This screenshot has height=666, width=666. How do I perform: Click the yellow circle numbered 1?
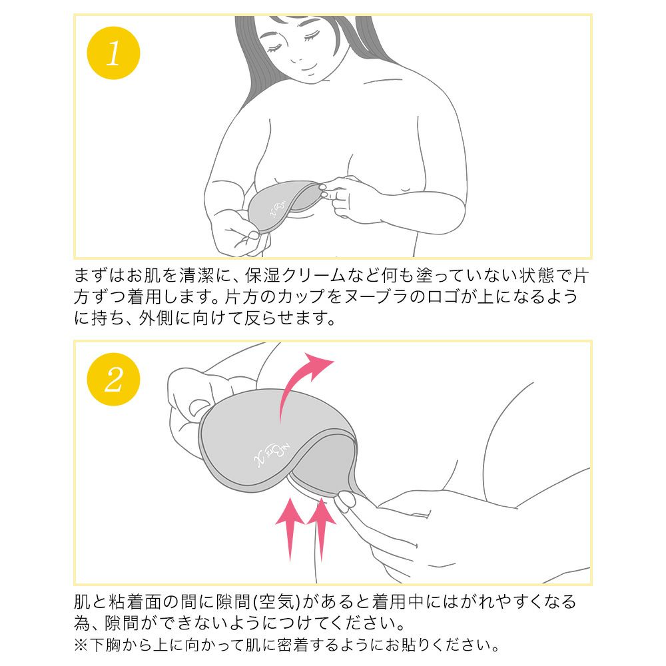113,53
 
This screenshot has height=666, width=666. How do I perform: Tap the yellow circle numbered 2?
113,380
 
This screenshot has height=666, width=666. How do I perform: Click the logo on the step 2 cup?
272,454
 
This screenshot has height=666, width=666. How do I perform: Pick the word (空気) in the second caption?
277,602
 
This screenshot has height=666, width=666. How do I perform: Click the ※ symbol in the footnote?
81,645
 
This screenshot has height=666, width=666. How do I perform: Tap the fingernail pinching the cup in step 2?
346,499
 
